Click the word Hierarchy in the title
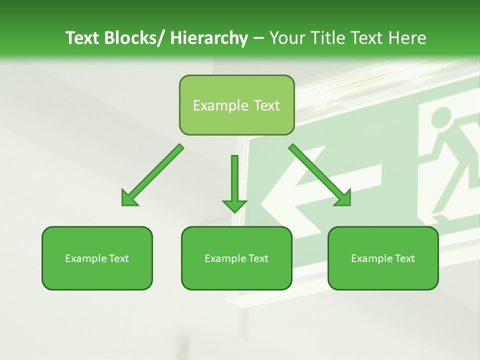208,38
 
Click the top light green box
236,105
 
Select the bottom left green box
97,258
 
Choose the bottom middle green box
236,258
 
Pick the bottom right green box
383,258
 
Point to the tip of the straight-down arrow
234,212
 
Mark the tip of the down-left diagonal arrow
122,205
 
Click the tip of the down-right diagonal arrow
349,205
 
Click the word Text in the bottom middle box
257,258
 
